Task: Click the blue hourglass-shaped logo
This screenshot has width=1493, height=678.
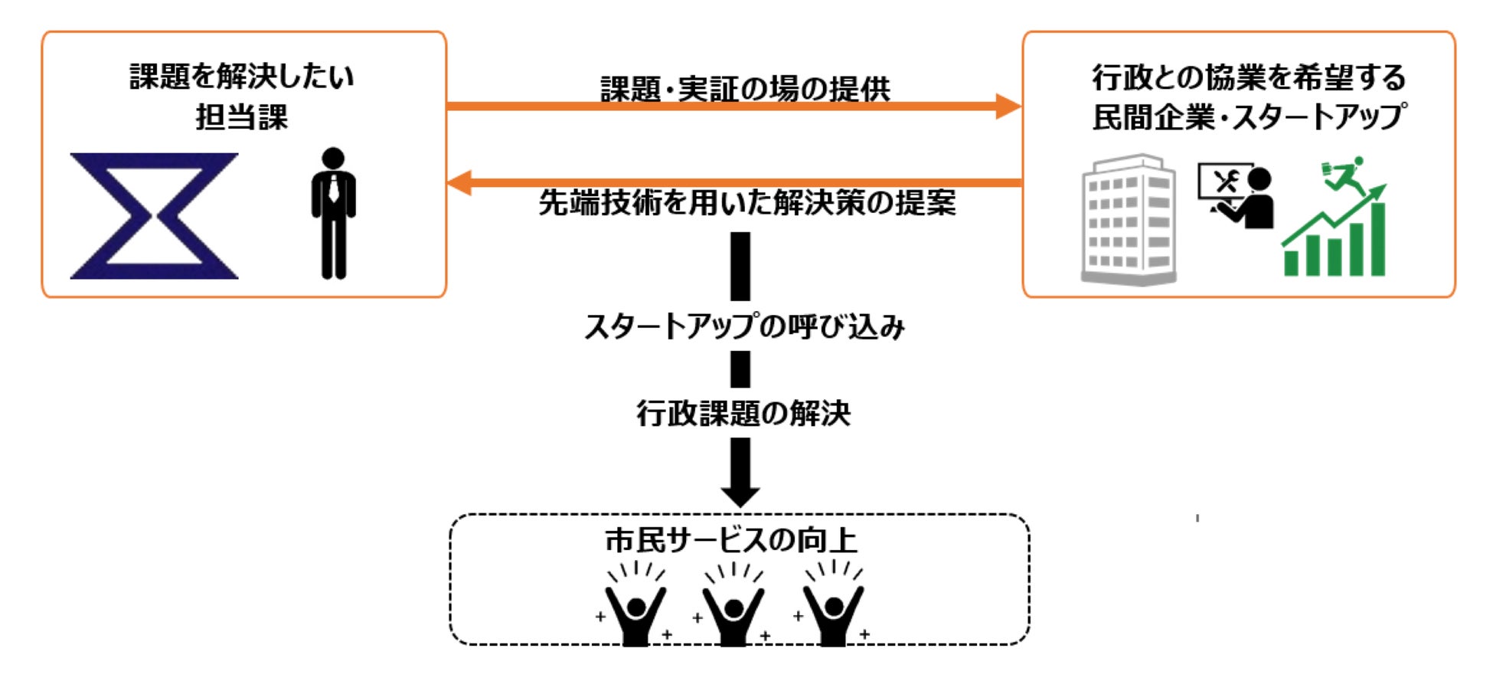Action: pyautogui.click(x=154, y=215)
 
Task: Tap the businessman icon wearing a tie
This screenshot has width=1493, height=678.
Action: pyautogui.click(x=333, y=213)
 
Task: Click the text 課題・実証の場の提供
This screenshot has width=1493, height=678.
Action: pyautogui.click(x=744, y=88)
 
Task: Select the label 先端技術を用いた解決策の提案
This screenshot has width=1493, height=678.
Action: pyautogui.click(x=747, y=203)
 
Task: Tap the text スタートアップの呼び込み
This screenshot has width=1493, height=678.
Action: pyautogui.click(x=744, y=327)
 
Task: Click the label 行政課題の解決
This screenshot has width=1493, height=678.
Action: pyautogui.click(x=743, y=414)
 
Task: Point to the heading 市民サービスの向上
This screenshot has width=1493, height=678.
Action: pyautogui.click(x=732, y=540)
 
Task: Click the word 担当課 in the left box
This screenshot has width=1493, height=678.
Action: pyautogui.click(x=242, y=117)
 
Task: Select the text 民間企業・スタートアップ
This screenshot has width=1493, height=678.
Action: pyautogui.click(x=1248, y=117)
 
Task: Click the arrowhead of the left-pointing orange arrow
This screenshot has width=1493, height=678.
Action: pyautogui.click(x=459, y=182)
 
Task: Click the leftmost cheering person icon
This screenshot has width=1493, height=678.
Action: pyautogui.click(x=635, y=609)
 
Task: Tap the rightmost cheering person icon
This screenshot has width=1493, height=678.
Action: pyautogui.click(x=832, y=609)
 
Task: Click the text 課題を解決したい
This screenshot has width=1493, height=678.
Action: pyautogui.click(x=242, y=77)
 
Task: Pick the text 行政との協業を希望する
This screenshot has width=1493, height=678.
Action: pyautogui.click(x=1248, y=77)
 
